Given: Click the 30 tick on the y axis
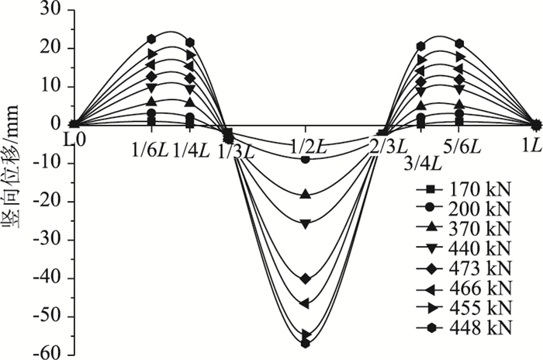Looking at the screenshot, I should pyautogui.click(x=53, y=10).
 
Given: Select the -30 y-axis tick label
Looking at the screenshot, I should pyautogui.click(x=49, y=239).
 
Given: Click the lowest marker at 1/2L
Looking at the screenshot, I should pyautogui.click(x=306, y=342).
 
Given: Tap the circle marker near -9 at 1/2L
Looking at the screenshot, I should pyautogui.click(x=306, y=159).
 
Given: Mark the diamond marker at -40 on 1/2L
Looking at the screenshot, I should pyautogui.click(x=306, y=278).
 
